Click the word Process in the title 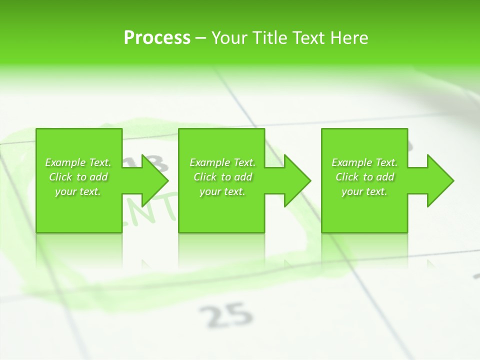[157, 38]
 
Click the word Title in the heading [268, 38]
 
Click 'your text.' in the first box [78, 191]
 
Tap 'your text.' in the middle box [222, 191]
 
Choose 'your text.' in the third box [364, 191]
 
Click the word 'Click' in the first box [60, 177]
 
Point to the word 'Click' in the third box [347, 177]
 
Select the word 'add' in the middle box [243, 177]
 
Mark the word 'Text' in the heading [307, 38]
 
